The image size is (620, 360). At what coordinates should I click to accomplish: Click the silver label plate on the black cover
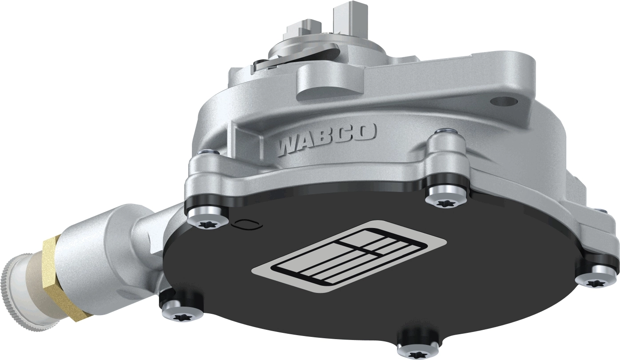tap(349, 257)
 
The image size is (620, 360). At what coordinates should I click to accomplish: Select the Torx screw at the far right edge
tap(597, 279)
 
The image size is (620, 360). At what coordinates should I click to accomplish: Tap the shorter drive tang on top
tap(302, 29)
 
